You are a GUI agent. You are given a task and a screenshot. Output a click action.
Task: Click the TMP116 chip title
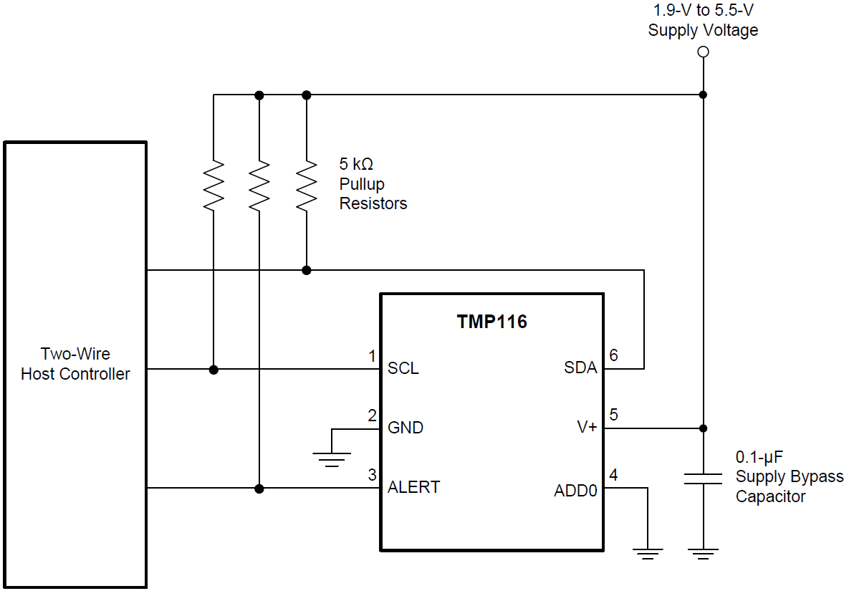491,322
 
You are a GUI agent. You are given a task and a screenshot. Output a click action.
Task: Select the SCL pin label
403,368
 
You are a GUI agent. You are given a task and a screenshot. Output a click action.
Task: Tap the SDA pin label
580,368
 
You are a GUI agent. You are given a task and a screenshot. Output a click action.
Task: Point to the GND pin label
405,428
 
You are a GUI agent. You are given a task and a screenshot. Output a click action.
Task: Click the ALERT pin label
413,487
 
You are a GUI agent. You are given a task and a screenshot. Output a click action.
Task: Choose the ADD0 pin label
575,491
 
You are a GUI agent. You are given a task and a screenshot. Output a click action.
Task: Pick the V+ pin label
587,428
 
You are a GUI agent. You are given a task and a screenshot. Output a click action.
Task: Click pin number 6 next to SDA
613,355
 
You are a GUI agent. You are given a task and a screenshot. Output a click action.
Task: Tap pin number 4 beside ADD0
613,475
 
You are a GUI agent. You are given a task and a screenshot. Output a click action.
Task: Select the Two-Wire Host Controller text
75,363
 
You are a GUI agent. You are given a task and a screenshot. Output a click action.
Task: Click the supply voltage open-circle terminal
703,52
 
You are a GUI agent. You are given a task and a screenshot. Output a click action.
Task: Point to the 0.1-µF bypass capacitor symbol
703,479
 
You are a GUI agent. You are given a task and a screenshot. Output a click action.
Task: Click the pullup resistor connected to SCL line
214,185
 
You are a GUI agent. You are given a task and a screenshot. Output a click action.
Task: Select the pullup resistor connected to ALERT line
259,185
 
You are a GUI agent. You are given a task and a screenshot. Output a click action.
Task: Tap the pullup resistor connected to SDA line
307,185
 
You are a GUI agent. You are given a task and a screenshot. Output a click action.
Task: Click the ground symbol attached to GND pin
332,458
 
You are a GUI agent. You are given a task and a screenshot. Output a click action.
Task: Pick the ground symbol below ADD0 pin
648,554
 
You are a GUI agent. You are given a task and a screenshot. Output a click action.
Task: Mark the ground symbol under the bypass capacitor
703,554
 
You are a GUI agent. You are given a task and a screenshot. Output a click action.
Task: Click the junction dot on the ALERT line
259,489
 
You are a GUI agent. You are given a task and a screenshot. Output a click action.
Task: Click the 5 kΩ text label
356,165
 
